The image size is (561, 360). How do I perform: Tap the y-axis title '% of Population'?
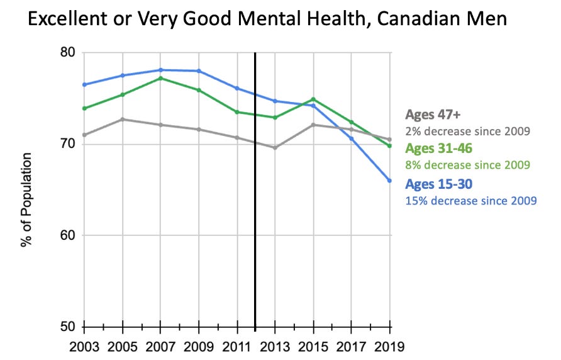26,199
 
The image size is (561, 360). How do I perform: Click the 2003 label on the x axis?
84,346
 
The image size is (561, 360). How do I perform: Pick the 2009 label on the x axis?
199,346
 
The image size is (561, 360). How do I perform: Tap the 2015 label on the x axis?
313,346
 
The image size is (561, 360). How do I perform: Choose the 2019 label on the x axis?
389,346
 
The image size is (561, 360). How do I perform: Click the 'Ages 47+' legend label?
433,115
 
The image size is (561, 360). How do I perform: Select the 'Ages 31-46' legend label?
439,149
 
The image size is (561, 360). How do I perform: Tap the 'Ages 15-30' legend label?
439,184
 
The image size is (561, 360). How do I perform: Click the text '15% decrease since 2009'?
471,201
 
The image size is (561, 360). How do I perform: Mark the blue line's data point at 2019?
389,181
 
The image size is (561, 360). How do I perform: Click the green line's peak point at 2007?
161,78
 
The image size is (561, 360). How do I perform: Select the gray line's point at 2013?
275,147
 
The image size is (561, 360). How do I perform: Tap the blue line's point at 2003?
84,84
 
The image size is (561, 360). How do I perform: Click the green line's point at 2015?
313,99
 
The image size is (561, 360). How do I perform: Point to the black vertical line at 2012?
255,189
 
